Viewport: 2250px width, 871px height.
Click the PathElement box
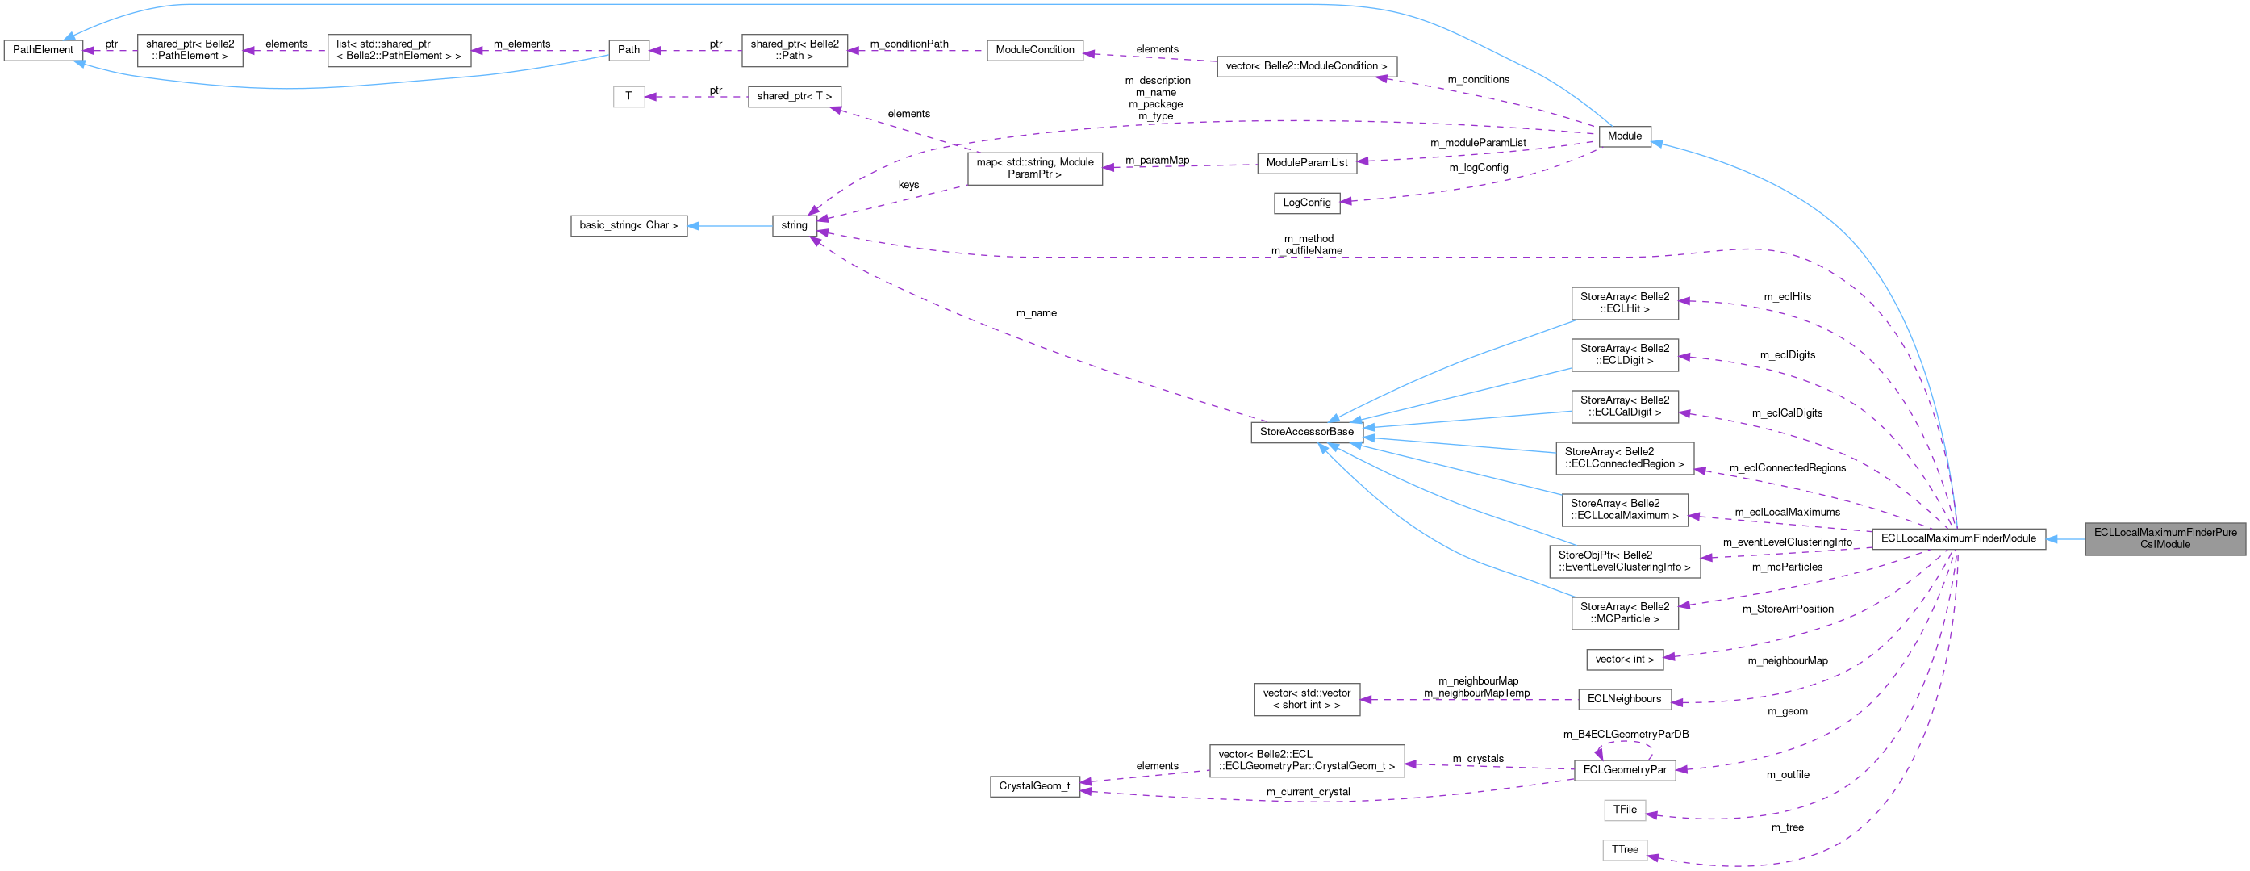[43, 50]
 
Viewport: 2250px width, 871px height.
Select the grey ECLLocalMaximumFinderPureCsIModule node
[2164, 538]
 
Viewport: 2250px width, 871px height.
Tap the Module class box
[1624, 136]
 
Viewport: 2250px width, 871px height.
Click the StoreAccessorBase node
[1306, 432]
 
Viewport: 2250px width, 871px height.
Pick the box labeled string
[793, 225]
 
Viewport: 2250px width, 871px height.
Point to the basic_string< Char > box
[628, 225]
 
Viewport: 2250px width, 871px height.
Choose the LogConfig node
[1306, 203]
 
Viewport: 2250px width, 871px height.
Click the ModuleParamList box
[1306, 163]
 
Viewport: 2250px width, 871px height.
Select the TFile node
[1624, 810]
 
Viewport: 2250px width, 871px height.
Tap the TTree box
[1624, 850]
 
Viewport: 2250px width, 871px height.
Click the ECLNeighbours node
[1624, 699]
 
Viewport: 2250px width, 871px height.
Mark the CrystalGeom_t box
[1033, 786]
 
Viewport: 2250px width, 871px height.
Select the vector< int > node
[1624, 660]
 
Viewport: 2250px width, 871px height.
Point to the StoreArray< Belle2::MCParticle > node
[1624, 613]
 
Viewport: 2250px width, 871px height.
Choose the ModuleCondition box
[1034, 50]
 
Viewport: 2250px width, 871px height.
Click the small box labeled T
[628, 96]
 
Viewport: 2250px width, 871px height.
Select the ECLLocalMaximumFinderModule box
[1957, 538]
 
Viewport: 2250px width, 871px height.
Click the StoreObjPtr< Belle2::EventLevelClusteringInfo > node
[1624, 561]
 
